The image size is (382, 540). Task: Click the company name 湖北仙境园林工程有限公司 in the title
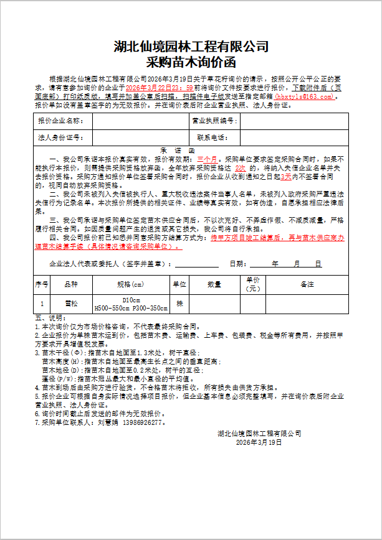[x=191, y=46]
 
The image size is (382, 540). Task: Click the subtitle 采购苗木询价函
[x=191, y=62]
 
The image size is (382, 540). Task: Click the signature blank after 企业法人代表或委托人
[x=197, y=263]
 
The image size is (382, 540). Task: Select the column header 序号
[x=42, y=284]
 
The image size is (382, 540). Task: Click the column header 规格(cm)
[x=130, y=284]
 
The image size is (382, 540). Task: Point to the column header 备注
[x=307, y=284]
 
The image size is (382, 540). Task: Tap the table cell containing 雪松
[x=72, y=303]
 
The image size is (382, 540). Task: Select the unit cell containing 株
[x=179, y=303]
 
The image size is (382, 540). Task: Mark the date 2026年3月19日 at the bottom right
[x=259, y=442]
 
